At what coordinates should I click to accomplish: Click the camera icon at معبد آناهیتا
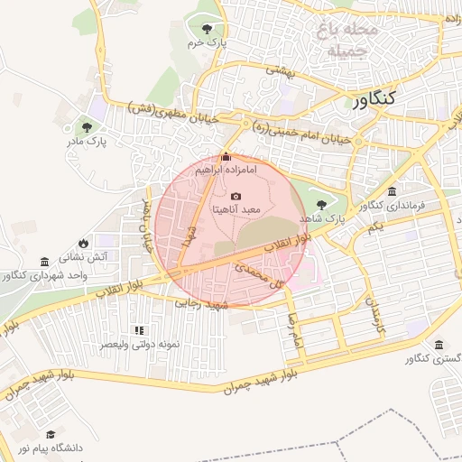[236, 197]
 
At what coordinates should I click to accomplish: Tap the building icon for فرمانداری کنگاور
[392, 191]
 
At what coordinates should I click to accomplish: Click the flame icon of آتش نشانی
[84, 243]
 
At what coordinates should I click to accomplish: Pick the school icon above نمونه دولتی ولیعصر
[138, 331]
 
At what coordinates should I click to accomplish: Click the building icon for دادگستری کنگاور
[439, 346]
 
